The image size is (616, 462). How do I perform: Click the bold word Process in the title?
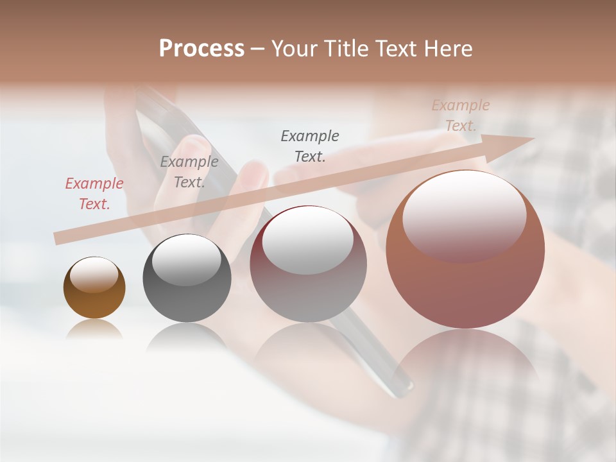click(x=201, y=49)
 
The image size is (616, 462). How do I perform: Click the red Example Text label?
click(x=94, y=194)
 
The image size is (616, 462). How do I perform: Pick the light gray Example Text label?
click(x=189, y=172)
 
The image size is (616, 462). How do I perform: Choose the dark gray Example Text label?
click(x=310, y=146)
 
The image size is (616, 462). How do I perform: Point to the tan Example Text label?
click(x=461, y=116)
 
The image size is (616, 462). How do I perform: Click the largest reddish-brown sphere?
click(x=465, y=282)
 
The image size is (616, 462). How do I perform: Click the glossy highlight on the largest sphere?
click(x=464, y=215)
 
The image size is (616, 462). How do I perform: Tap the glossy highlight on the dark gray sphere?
click(x=187, y=259)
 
